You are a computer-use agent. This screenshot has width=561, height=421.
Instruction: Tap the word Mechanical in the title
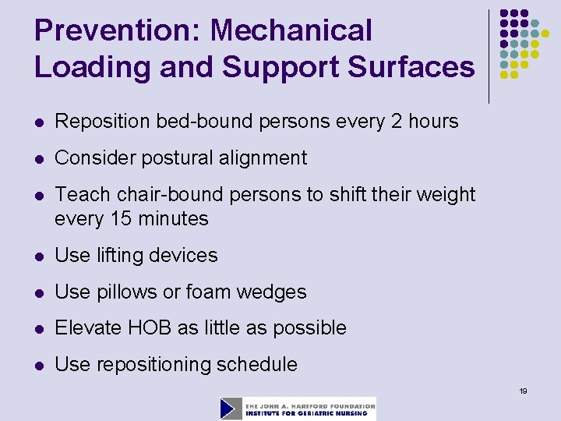tap(291, 31)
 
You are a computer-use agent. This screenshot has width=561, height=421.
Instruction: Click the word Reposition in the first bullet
tap(103, 122)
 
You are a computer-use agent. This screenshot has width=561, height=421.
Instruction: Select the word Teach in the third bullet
tap(79, 195)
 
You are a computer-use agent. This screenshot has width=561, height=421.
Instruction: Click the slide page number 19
tap(523, 391)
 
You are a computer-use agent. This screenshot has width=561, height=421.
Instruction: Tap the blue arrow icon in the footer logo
tap(231, 409)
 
